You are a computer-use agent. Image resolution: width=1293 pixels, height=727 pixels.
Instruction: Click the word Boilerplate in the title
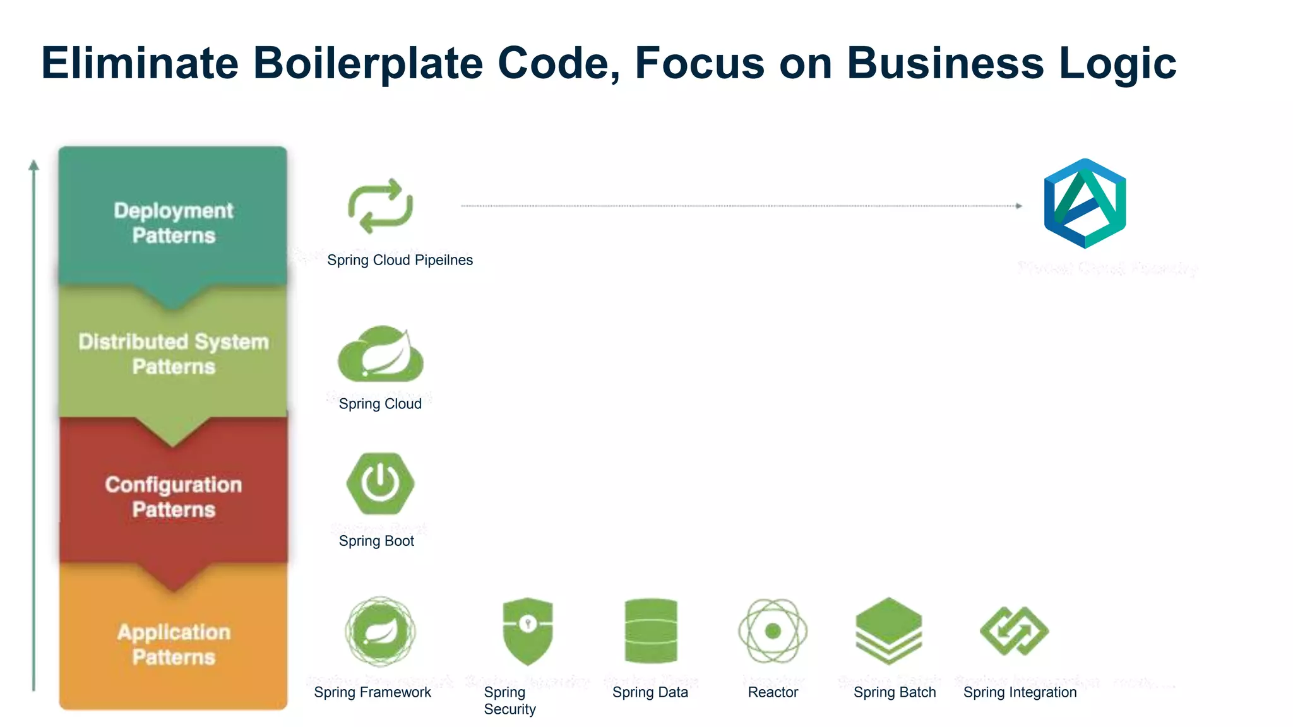pyautogui.click(x=367, y=63)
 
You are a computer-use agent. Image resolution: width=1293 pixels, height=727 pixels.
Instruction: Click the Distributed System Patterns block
pyautogui.click(x=173, y=354)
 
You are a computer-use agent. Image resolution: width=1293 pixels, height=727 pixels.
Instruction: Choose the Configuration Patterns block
pyautogui.click(x=173, y=497)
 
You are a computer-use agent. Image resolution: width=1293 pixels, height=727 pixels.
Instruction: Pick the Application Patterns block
pyautogui.click(x=173, y=644)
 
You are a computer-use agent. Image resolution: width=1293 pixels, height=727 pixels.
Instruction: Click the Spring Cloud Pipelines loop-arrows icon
pyautogui.click(x=380, y=206)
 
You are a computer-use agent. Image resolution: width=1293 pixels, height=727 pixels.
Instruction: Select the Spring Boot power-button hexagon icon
pyautogui.click(x=380, y=483)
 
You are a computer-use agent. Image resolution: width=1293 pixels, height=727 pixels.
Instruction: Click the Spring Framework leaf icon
pyautogui.click(x=380, y=631)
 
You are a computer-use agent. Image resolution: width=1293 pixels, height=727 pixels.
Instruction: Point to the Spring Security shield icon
pyautogui.click(x=528, y=631)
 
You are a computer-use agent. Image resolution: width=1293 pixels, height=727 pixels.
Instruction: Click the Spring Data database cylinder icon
pyautogui.click(x=650, y=631)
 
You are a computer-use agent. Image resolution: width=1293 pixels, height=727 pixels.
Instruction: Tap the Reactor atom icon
pyautogui.click(x=773, y=631)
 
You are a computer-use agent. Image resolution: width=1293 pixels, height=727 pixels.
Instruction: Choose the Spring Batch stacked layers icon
pyautogui.click(x=889, y=631)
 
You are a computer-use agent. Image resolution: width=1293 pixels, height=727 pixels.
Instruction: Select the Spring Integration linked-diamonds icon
pyautogui.click(x=1014, y=631)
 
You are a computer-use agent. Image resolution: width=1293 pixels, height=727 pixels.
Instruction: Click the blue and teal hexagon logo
pyautogui.click(x=1085, y=203)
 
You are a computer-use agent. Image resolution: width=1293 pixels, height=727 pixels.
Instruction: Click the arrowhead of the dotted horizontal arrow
pyautogui.click(x=1018, y=206)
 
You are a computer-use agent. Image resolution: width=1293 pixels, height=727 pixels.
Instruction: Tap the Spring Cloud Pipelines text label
pyautogui.click(x=400, y=260)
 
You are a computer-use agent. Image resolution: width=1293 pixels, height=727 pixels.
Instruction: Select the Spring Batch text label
pyautogui.click(x=895, y=692)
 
